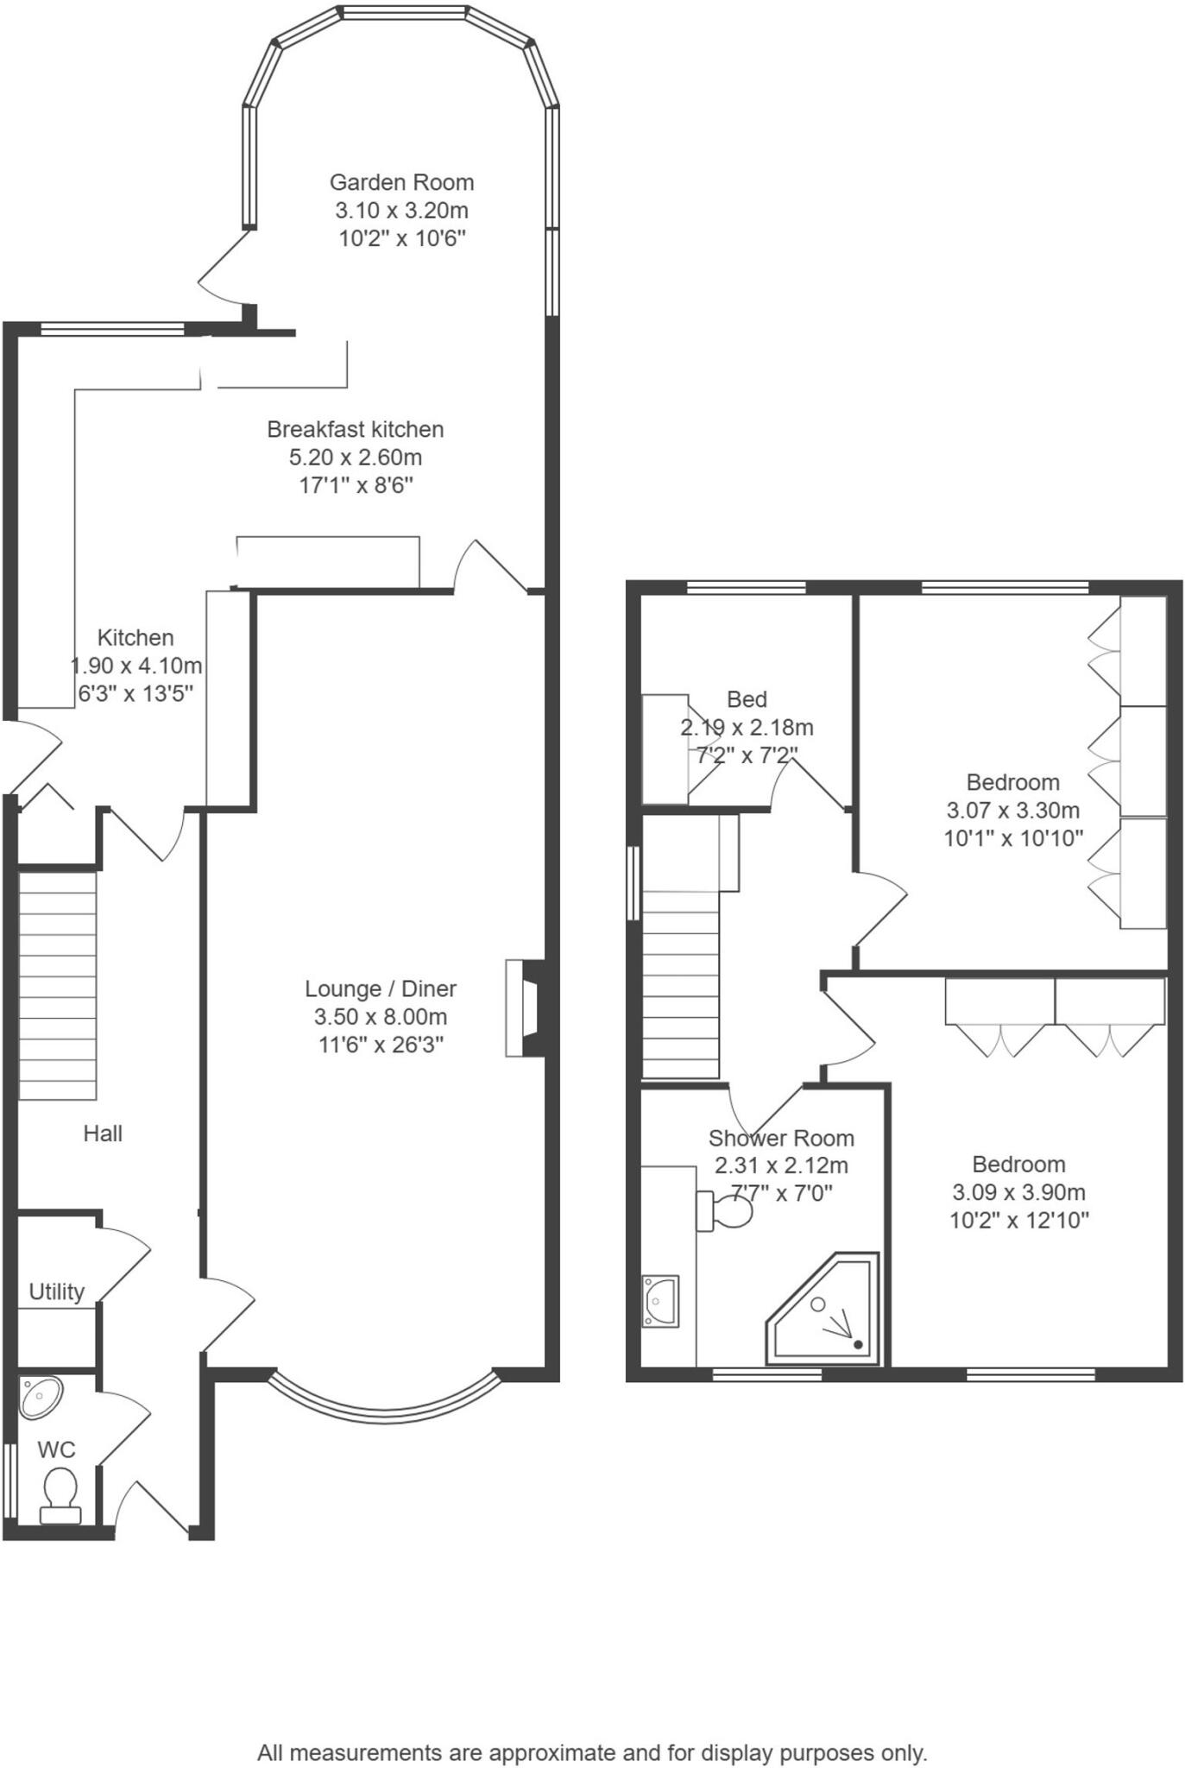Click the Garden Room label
pyautogui.click(x=401, y=182)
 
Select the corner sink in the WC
pyautogui.click(x=40, y=1398)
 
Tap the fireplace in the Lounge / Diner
pyautogui.click(x=525, y=1007)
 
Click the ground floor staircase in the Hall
pyautogui.click(x=57, y=985)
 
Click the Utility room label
pyautogui.click(x=57, y=1291)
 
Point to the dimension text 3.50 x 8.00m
pyautogui.click(x=381, y=1017)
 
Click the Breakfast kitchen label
pyautogui.click(x=355, y=429)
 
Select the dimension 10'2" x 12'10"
pyautogui.click(x=1019, y=1220)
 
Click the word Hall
pyautogui.click(x=103, y=1133)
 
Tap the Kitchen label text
pyautogui.click(x=136, y=638)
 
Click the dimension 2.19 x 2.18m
pyautogui.click(x=747, y=727)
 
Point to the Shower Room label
pyautogui.click(x=781, y=1138)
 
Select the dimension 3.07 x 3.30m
pyautogui.click(x=1013, y=810)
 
